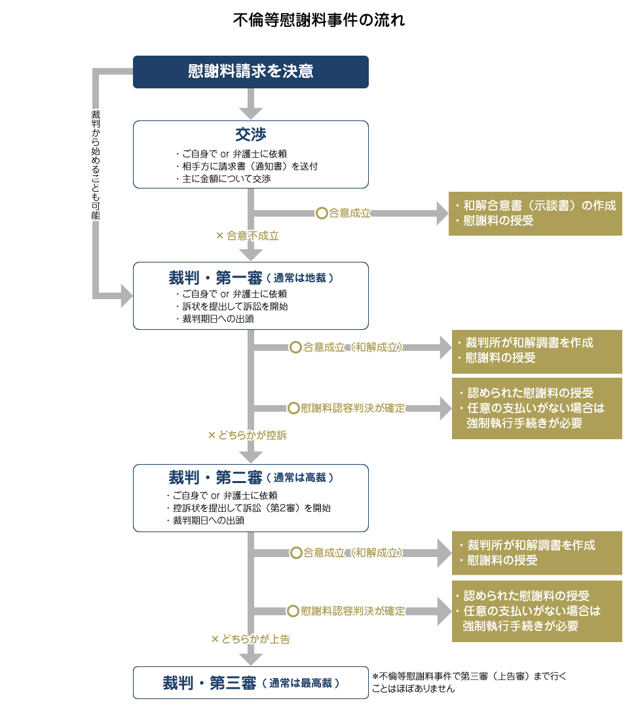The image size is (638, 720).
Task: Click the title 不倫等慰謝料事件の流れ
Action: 319,20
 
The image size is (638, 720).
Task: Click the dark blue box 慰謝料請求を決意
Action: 251,72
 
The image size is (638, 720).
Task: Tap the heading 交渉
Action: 251,135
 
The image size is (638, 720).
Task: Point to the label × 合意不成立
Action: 247,236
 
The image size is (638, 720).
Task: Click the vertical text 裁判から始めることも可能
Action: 96,164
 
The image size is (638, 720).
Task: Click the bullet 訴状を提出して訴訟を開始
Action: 235,306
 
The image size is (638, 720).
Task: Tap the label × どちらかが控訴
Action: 247,435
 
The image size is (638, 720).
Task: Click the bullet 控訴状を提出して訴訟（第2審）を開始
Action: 247,508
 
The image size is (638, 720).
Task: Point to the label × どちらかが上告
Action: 250,639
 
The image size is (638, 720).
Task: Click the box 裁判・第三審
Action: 251,683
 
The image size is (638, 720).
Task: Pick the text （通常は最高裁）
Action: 301,683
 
